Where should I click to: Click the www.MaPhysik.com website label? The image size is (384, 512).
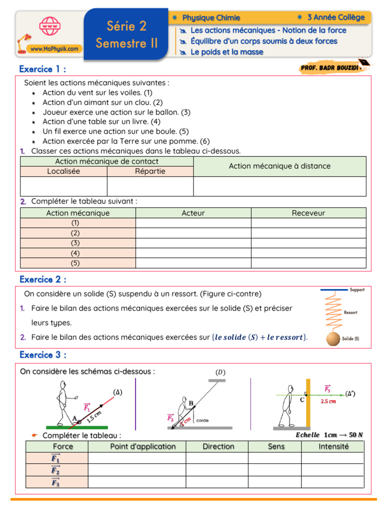pos(54,49)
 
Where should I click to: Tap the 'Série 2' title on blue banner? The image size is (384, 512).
pos(126,25)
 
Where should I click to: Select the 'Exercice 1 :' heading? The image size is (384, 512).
pos(42,68)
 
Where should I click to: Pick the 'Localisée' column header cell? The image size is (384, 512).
pos(63,171)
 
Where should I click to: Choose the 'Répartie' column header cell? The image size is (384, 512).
pos(150,171)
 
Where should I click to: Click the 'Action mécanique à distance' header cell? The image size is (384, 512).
pos(279,166)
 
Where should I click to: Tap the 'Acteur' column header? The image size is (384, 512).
pos(193,213)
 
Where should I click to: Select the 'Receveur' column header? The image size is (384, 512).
pos(308,213)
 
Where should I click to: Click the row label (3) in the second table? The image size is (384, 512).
pos(75,243)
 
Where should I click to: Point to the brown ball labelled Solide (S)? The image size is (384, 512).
pos(333,339)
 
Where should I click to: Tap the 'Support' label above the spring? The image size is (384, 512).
pos(357,290)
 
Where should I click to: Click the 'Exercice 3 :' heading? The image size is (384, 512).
pos(42,354)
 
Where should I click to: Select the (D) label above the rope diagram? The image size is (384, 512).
pos(220,372)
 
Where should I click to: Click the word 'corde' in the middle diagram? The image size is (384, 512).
pos(202,420)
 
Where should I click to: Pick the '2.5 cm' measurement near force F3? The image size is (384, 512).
pos(328,401)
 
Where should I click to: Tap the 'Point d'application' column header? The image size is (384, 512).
pos(142,446)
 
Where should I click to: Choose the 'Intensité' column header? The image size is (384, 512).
pos(333,446)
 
